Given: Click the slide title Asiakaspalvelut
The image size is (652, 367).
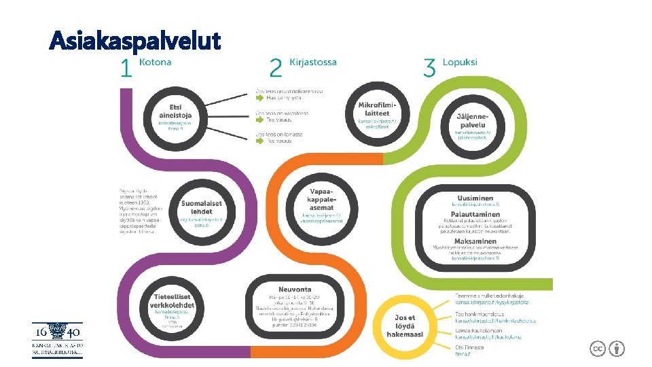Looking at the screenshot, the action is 135,41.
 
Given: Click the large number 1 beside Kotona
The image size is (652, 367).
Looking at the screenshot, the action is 125,69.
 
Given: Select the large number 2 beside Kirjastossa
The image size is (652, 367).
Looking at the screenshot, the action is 276,69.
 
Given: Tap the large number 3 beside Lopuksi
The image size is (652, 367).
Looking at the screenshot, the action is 429,69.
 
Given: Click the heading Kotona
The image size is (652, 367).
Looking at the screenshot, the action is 156,62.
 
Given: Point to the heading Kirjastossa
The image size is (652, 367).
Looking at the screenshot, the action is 313,62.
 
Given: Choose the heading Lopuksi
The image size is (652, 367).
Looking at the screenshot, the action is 460,62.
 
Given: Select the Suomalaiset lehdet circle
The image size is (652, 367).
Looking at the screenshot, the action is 201,211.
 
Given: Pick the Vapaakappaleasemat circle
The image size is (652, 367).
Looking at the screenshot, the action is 322,204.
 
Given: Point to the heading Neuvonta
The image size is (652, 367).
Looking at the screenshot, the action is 295,290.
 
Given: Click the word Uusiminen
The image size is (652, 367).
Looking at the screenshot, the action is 475,198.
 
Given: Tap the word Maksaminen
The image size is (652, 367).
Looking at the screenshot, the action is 475,241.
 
